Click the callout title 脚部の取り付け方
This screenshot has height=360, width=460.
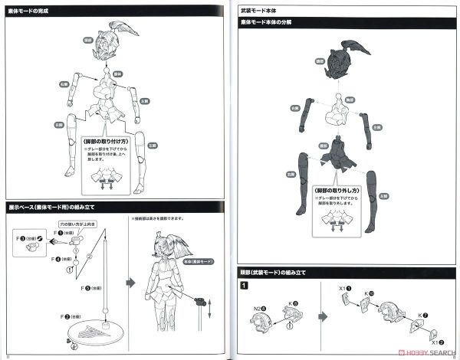pos(110,142)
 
